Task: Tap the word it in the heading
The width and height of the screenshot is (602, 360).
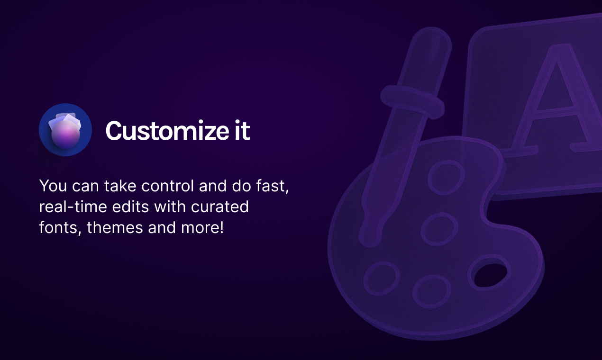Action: [242, 130]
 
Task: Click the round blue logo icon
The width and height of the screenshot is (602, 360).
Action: [65, 130]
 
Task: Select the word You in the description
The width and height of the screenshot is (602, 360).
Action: [53, 186]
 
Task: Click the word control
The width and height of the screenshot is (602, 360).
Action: [167, 186]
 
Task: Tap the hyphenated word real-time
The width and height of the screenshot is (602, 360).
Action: [73, 207]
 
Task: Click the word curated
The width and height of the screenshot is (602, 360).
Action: [220, 207]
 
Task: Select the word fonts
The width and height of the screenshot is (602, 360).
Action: [60, 228]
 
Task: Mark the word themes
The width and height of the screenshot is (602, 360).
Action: [115, 227]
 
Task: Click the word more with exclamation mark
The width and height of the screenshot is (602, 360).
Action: [202, 227]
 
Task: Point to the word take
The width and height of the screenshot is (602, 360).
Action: [120, 186]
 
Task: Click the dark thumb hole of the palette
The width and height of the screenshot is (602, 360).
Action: [491, 275]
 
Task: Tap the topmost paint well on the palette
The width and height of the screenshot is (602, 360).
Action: [446, 177]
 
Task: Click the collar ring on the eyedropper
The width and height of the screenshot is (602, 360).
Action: [412, 102]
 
